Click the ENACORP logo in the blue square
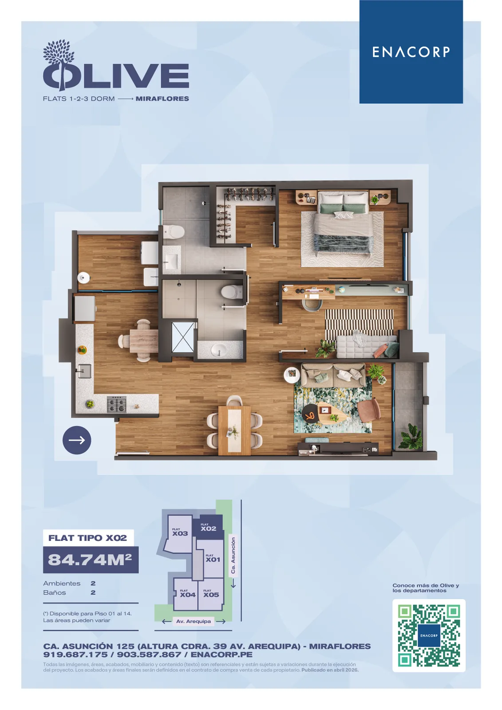(x=411, y=51)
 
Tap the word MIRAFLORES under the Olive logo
(x=162, y=99)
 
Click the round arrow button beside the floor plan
(x=77, y=440)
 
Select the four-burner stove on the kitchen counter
(x=116, y=404)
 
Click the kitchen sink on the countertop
(x=84, y=371)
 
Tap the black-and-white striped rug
(x=359, y=325)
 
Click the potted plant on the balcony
(x=411, y=437)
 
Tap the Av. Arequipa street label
(x=194, y=621)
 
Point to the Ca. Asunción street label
(x=233, y=555)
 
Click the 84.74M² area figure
(x=90, y=560)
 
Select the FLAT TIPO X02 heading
(x=87, y=538)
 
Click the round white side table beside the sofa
(x=292, y=375)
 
